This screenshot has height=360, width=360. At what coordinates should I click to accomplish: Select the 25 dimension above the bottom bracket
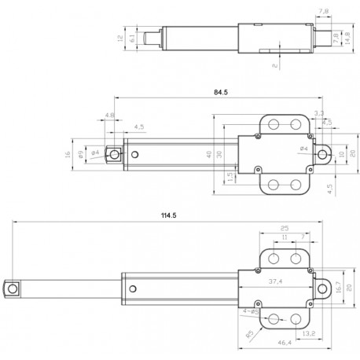(x=284, y=228)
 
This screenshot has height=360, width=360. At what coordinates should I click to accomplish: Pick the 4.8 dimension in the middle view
(x=108, y=116)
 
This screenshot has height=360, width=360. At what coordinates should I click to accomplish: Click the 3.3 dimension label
(x=318, y=114)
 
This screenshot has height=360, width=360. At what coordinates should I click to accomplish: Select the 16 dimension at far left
(x=69, y=154)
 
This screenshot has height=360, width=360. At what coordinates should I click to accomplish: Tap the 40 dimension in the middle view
(x=209, y=154)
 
